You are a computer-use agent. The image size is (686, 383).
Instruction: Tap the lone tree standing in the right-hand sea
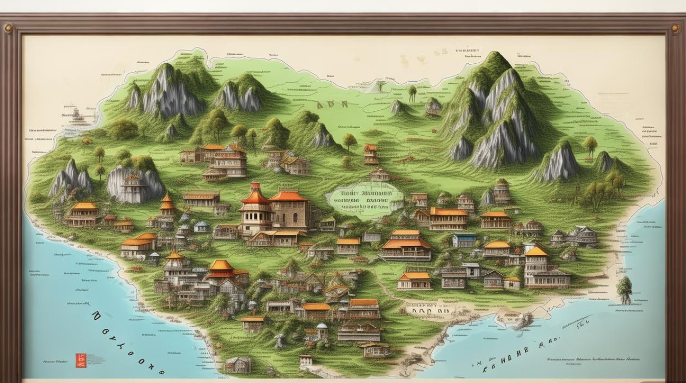tap(624, 289)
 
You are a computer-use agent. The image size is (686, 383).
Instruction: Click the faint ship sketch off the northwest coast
tap(77, 116)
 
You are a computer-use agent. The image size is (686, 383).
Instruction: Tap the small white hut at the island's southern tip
tap(306, 361)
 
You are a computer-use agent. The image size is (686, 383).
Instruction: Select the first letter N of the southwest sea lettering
tap(96, 318)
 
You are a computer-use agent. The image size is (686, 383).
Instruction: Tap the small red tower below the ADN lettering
tap(371, 154)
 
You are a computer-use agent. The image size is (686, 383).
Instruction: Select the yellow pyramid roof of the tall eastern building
tap(536, 251)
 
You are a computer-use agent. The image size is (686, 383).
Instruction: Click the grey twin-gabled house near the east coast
tap(582, 235)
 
